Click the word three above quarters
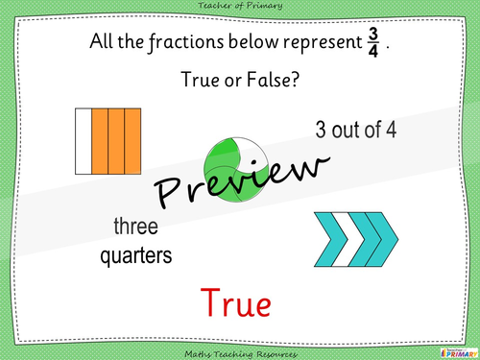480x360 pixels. click(x=135, y=228)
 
